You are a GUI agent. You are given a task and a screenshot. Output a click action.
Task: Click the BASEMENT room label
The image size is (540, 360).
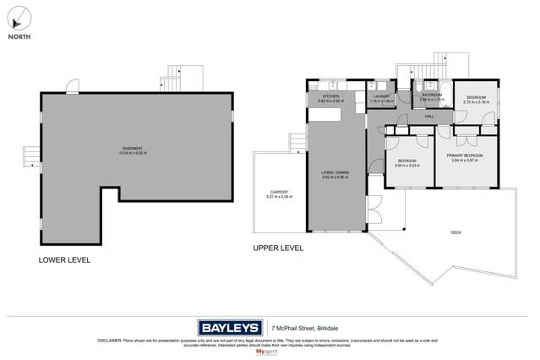pos(133,149)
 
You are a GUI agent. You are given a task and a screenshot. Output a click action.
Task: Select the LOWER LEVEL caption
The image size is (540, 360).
pos(64,260)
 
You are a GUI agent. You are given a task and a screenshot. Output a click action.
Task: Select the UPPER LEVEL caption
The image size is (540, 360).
pos(278,248)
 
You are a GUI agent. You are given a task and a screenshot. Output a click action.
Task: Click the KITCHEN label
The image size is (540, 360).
pos(330,96)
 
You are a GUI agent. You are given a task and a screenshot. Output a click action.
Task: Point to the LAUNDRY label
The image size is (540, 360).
pos(382,96)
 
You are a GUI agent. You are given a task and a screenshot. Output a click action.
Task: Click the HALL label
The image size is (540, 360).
pos(429,116)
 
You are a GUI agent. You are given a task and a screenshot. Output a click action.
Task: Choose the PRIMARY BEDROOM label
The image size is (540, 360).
pos(464,155)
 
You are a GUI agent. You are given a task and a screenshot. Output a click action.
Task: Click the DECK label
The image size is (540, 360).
pos(455,233)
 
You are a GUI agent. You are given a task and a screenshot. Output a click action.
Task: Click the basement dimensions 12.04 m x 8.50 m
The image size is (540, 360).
pos(133,154)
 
